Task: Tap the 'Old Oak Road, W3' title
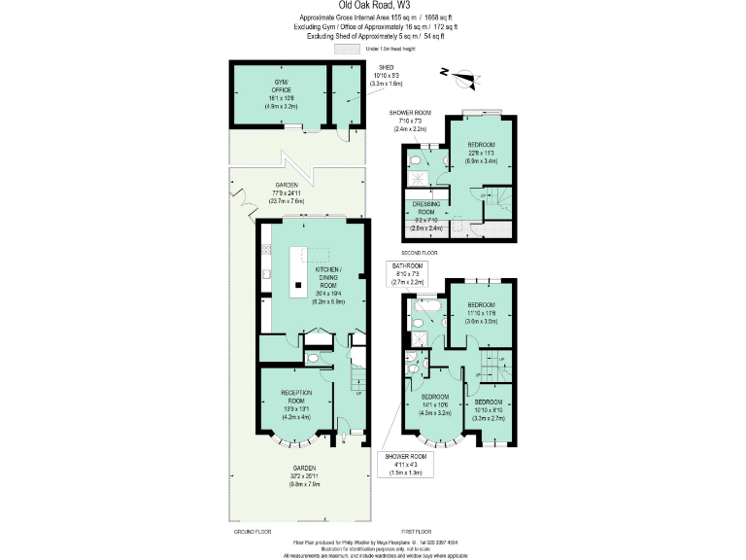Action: pos(372,6)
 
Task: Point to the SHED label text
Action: pos(386,67)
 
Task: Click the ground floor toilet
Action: pos(313,358)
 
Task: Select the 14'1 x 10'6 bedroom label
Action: pos(434,404)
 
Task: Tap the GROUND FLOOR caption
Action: pos(249,532)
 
